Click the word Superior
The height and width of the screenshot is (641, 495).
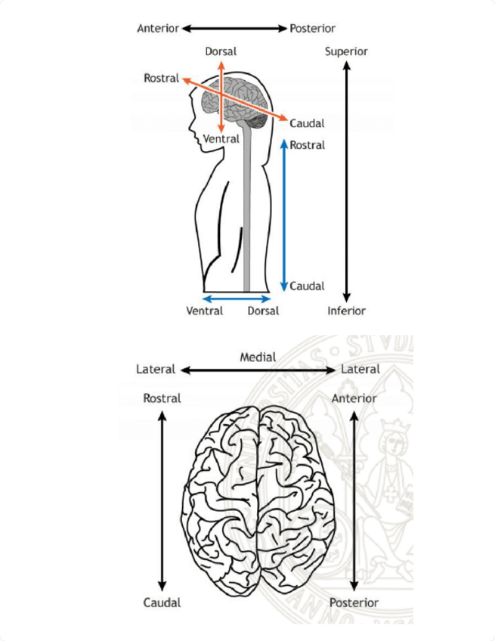[346, 51]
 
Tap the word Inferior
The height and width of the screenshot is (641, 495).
[346, 311]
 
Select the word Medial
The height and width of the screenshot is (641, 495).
[258, 356]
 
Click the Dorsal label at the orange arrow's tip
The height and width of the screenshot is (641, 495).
[221, 51]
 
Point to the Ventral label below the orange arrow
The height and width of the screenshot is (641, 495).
[221, 139]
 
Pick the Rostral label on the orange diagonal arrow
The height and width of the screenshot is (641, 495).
[162, 78]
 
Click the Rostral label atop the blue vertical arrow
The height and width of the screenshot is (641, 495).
[307, 144]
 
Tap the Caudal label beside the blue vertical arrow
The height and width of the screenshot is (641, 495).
[307, 286]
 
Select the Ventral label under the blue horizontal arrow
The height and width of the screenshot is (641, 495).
[205, 311]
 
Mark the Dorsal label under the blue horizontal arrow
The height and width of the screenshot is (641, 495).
[263, 311]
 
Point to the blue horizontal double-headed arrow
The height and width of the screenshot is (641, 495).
[237, 299]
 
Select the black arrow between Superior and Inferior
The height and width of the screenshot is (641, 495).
[346, 181]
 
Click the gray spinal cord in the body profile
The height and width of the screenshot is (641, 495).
[246, 219]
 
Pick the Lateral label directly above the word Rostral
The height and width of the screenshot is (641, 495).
[156, 370]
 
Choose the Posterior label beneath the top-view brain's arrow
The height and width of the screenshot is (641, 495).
[354, 602]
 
